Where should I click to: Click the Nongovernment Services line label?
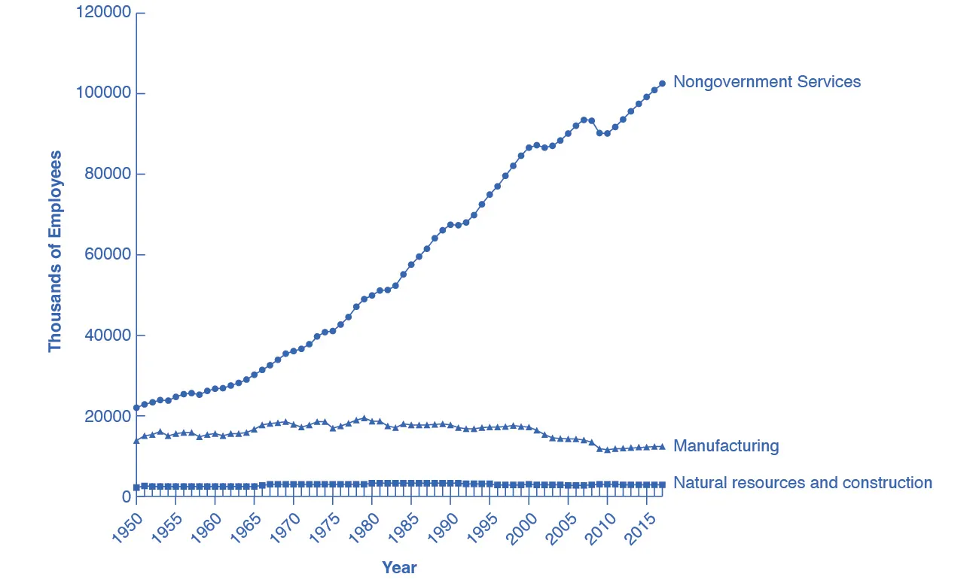(x=767, y=82)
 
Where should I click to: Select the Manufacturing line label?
(x=726, y=446)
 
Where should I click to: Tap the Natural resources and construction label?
(x=802, y=483)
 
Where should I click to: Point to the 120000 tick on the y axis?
(x=103, y=13)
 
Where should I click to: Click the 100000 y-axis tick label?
(x=103, y=93)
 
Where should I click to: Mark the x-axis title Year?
(x=399, y=567)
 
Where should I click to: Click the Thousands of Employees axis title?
(x=55, y=251)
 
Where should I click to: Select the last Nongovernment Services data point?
(x=662, y=84)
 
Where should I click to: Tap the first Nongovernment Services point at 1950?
(x=136, y=408)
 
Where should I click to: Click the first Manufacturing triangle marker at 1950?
(x=136, y=440)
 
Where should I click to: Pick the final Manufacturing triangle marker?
(x=662, y=447)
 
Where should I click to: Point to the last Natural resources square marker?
(x=662, y=485)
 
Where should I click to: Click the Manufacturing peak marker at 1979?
(x=364, y=418)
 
